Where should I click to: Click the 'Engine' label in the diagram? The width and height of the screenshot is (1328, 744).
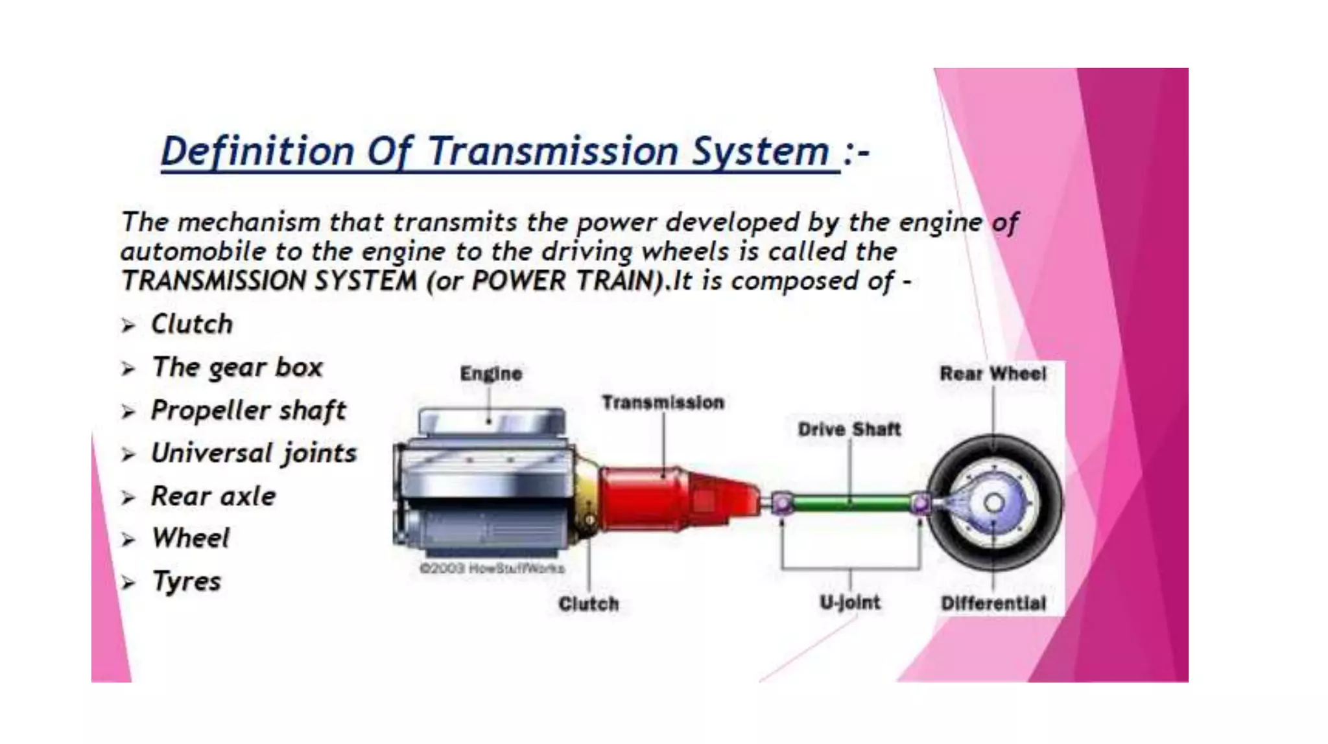click(x=491, y=374)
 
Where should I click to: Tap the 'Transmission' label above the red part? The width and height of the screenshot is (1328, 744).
click(x=663, y=402)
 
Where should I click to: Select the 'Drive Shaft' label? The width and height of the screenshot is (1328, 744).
click(x=849, y=430)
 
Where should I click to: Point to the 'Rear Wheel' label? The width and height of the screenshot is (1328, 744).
click(x=993, y=374)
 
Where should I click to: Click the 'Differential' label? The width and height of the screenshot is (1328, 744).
click(x=993, y=603)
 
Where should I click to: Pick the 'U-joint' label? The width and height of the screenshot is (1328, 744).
click(x=849, y=603)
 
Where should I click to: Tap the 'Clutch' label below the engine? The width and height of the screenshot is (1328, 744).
click(x=588, y=604)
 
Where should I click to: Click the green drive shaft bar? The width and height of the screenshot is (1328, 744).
click(x=849, y=502)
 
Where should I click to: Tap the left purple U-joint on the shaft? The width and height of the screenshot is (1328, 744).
click(x=782, y=503)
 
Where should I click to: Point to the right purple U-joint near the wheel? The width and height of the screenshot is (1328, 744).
click(x=920, y=503)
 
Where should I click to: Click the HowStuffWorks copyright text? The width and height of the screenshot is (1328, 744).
click(x=492, y=568)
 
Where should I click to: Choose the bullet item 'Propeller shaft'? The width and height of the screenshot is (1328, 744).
click(x=248, y=410)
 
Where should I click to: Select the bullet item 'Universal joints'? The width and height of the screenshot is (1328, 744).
click(x=254, y=453)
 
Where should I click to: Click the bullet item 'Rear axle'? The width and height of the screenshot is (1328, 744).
click(x=213, y=496)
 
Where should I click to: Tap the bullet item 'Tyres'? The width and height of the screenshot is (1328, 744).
click(x=186, y=581)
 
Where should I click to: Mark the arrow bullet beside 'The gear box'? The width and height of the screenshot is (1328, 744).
click(x=128, y=369)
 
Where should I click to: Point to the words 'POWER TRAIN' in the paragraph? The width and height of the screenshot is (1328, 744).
click(x=563, y=281)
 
